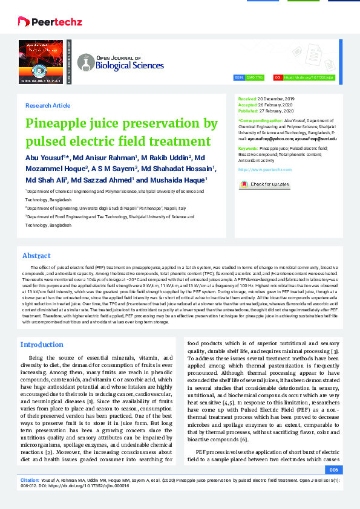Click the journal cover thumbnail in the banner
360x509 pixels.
point(41,62)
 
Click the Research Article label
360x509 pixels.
point(48,105)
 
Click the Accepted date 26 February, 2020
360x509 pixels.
point(275,105)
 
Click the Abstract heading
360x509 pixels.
point(36,256)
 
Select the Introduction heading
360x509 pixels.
point(42,345)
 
